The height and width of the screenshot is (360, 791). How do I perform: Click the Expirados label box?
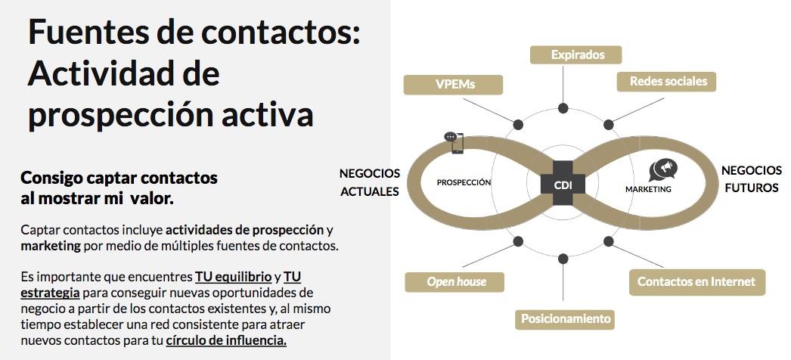pyautogui.click(x=576, y=54)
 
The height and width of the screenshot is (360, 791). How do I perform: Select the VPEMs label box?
pyautogui.click(x=454, y=85)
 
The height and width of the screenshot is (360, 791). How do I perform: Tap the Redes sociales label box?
pyautogui.click(x=668, y=82)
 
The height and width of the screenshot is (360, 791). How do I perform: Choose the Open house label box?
pyautogui.click(x=456, y=282)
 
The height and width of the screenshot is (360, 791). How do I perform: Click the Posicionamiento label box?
pyautogui.click(x=566, y=318)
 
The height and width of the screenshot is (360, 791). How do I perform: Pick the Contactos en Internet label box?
pyautogui.click(x=696, y=282)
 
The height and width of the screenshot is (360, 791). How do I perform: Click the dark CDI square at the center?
pyautogui.click(x=563, y=184)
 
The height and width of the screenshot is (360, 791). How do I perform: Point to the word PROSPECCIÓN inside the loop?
pyautogui.click(x=464, y=182)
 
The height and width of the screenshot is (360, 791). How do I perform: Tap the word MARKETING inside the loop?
pyautogui.click(x=648, y=189)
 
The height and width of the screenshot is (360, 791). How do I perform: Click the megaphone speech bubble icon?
pyautogui.click(x=662, y=169)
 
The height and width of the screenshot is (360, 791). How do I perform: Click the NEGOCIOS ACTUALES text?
pyautogui.click(x=370, y=182)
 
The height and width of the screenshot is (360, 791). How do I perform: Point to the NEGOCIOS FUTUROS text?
pyautogui.click(x=751, y=179)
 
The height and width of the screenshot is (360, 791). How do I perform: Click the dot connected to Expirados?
pyautogui.click(x=563, y=107)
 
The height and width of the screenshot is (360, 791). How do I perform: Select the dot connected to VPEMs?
pyautogui.click(x=518, y=124)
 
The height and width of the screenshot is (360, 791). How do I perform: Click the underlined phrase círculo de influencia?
pyautogui.click(x=226, y=340)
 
